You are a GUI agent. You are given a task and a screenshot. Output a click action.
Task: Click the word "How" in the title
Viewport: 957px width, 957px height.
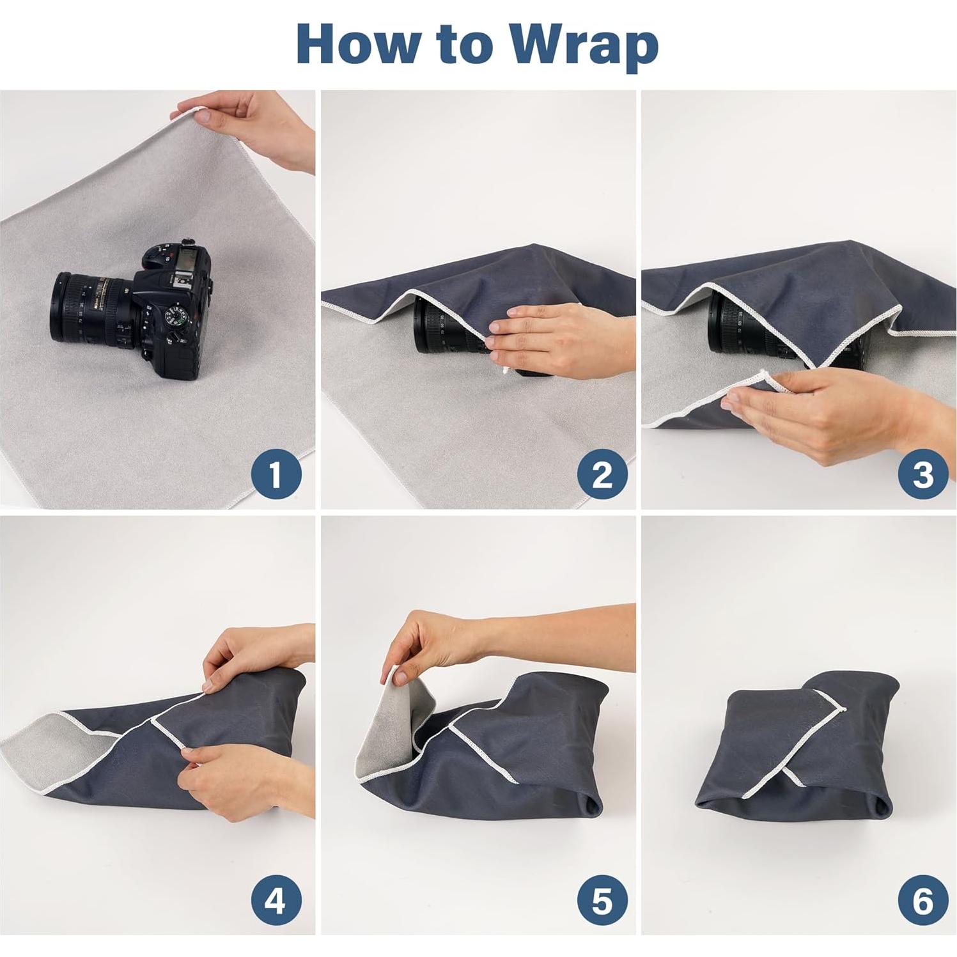point(359,43)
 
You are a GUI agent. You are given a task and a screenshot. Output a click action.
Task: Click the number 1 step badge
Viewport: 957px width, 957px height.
point(276,475)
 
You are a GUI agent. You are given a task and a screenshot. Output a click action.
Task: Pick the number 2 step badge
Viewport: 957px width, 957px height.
point(602,475)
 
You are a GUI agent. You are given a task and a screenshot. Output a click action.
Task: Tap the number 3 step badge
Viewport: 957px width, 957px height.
point(922,475)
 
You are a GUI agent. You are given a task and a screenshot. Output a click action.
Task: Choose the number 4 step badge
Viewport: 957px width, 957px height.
point(276,901)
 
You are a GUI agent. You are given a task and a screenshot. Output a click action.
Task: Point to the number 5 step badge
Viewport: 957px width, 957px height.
point(602,901)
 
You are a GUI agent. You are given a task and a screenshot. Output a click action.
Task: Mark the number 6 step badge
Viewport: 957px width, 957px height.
point(922,901)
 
